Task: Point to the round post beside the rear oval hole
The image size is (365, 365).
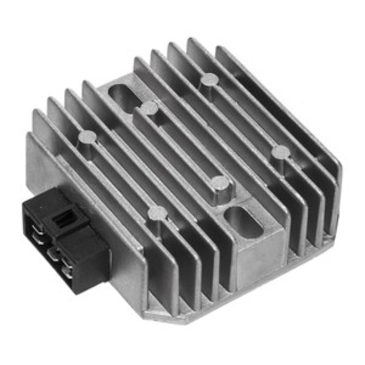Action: [x=149, y=108]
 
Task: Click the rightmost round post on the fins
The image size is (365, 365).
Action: [x=280, y=152]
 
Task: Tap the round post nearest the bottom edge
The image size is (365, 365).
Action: [x=158, y=212]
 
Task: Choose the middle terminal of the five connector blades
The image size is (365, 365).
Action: [x=51, y=252]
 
